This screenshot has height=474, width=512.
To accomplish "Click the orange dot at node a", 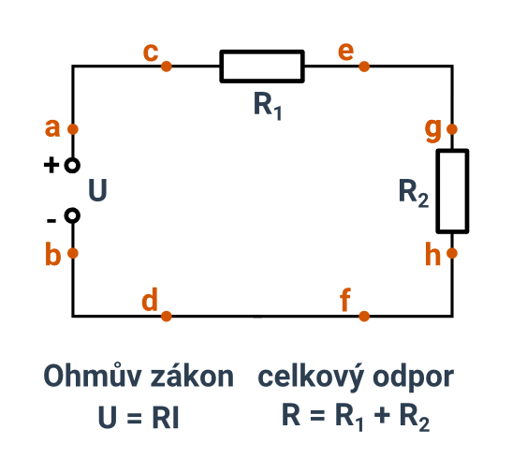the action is click(x=73, y=129).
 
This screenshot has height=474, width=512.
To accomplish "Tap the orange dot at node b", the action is click(x=73, y=253).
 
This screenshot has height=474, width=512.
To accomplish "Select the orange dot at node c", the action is click(x=167, y=67).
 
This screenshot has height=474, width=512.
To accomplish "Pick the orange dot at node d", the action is click(x=167, y=316).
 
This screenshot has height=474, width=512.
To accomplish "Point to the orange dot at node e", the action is click(x=364, y=67).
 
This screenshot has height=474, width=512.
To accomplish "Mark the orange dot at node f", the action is click(x=364, y=316).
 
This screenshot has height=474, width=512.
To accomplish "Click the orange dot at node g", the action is click(x=452, y=129).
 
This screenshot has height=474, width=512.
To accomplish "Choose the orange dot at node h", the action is click(x=452, y=253).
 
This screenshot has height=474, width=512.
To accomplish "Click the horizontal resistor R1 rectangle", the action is click(x=220, y=67).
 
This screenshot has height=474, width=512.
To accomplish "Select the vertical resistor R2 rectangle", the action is click(x=437, y=191).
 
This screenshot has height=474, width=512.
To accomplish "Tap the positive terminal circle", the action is click(x=72, y=158).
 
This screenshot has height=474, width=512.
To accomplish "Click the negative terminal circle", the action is click(x=72, y=208).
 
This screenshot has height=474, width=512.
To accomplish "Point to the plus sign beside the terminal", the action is click(x=51, y=165).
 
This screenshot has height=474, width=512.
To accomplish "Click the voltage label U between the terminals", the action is click(x=97, y=190).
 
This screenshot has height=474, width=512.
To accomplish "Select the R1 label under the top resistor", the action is click(x=268, y=106).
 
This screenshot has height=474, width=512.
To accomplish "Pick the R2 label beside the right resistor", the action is click(x=414, y=193).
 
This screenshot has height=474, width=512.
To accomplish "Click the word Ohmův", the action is click(x=93, y=376).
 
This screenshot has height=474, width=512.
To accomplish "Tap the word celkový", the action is click(x=311, y=378).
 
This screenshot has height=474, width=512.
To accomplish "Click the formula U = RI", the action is click(x=139, y=417).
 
